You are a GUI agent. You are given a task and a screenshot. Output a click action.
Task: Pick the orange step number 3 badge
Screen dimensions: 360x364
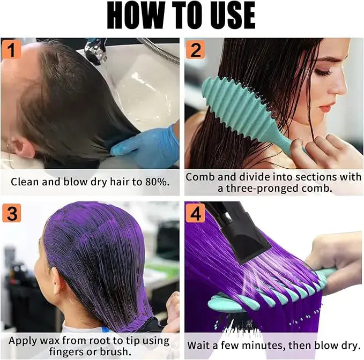point(11,213)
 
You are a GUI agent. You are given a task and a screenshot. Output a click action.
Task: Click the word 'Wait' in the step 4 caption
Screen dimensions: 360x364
point(203,346)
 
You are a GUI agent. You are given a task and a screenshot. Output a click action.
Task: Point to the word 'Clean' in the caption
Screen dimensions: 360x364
point(25,182)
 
